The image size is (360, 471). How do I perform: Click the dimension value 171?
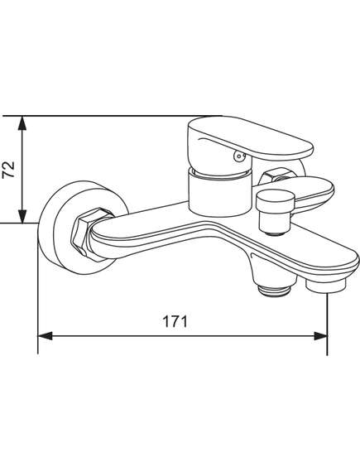175,321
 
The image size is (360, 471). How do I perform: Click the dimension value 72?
9,170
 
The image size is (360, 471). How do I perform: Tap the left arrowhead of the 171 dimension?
46,336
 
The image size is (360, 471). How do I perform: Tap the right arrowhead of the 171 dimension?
320,336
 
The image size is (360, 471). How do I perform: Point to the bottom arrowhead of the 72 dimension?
22,216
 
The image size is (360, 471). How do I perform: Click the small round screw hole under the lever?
239,156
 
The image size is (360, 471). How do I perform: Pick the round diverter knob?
276,200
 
